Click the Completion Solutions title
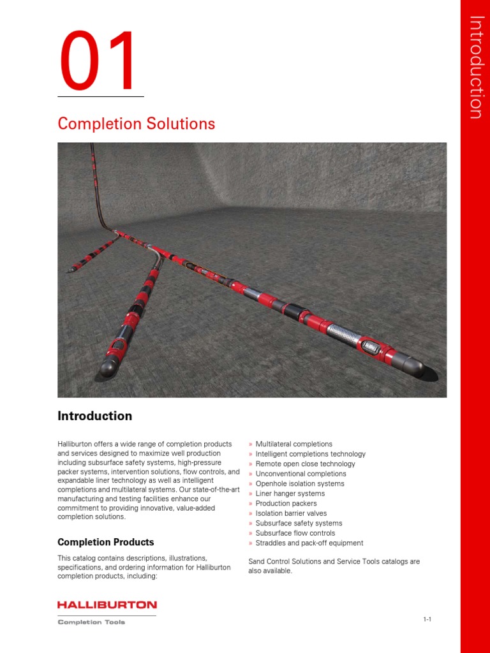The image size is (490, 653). pos(136,124)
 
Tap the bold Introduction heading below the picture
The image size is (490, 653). pos(95,416)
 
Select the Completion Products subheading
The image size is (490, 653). pos(106,542)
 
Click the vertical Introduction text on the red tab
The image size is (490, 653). pos(475,66)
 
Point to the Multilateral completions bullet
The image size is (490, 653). pos(293,444)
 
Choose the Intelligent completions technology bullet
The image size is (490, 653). pos(310,454)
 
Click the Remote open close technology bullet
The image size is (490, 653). pos(305,464)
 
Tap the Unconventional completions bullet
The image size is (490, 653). pos(301,474)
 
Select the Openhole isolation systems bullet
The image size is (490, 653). pos(299,483)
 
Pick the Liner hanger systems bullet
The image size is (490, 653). pos(290,494)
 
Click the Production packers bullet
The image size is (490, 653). pos(286,503)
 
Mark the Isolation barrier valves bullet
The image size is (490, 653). pos(291,513)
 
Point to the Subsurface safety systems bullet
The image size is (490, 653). pos(299,523)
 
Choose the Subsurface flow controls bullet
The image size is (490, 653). pos(295,533)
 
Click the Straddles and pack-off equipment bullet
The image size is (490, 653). pos(309,543)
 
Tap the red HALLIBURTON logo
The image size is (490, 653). pos(107,605)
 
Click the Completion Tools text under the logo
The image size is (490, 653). pos(91,622)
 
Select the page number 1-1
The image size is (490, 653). pos(427,619)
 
